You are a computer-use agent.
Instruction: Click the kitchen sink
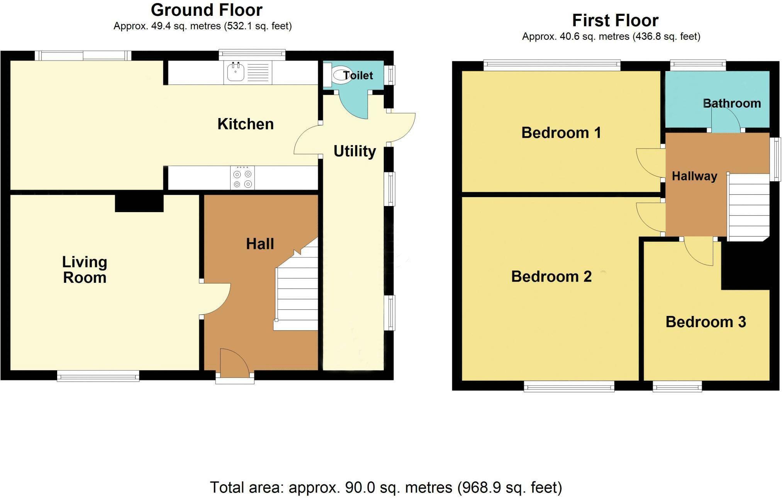click(x=248, y=72)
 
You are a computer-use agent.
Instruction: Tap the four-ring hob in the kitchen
click(x=243, y=177)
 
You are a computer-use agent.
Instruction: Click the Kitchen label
click(x=246, y=124)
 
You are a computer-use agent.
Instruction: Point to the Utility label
click(x=355, y=151)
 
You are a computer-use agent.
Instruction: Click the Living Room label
click(x=85, y=270)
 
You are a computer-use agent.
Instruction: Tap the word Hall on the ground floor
click(x=260, y=244)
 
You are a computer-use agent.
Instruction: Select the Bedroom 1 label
click(x=561, y=133)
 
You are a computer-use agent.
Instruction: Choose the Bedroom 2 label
click(x=551, y=277)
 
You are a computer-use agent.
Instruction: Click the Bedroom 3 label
click(x=706, y=322)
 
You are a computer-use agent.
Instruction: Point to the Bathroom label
click(x=732, y=103)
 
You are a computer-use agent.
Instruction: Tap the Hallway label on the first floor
click(x=694, y=176)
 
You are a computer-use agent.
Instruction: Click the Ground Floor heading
click(x=207, y=10)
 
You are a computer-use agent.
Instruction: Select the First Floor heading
click(x=615, y=20)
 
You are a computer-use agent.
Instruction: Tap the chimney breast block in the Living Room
click(x=139, y=203)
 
